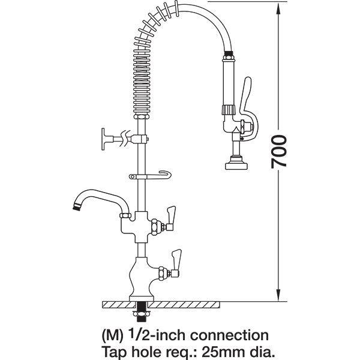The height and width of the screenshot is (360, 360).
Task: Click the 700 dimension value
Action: click(x=280, y=151)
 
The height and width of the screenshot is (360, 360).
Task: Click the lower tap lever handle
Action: click(x=177, y=259)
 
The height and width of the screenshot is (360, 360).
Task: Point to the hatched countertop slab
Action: click(x=198, y=304)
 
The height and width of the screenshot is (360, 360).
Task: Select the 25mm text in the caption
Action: click(x=205, y=350)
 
